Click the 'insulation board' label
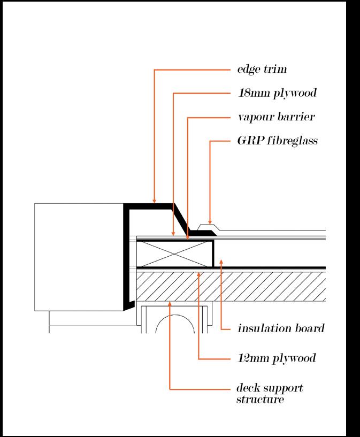[280, 328]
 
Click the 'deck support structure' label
[265, 393]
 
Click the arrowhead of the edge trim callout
[155, 202]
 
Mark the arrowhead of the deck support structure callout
[170, 303]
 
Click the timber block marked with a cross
[175, 254]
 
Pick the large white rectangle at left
[79, 257]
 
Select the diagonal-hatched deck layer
[230, 286]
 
